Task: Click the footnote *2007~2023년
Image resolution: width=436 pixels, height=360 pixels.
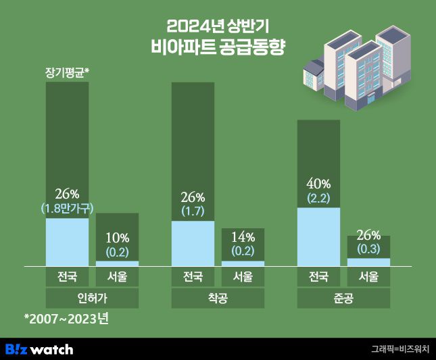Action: (66, 318)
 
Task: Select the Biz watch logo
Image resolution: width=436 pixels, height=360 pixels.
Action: (39, 349)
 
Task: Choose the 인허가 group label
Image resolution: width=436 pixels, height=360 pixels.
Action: (92, 299)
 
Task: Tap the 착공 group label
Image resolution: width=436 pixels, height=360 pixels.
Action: (218, 299)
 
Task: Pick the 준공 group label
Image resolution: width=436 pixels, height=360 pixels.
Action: (343, 299)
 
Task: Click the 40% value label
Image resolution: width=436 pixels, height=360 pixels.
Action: (318, 184)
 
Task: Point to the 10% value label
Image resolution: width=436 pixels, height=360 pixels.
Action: (118, 238)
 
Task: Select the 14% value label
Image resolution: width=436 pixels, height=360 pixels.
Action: (243, 237)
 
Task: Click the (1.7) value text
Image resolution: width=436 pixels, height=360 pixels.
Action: (193, 211)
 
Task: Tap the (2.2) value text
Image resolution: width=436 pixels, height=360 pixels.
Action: (318, 198)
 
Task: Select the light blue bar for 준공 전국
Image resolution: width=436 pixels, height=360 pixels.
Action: (318, 236)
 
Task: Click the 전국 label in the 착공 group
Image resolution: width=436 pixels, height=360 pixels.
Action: (193, 277)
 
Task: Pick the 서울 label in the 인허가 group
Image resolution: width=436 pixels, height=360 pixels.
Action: (118, 277)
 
